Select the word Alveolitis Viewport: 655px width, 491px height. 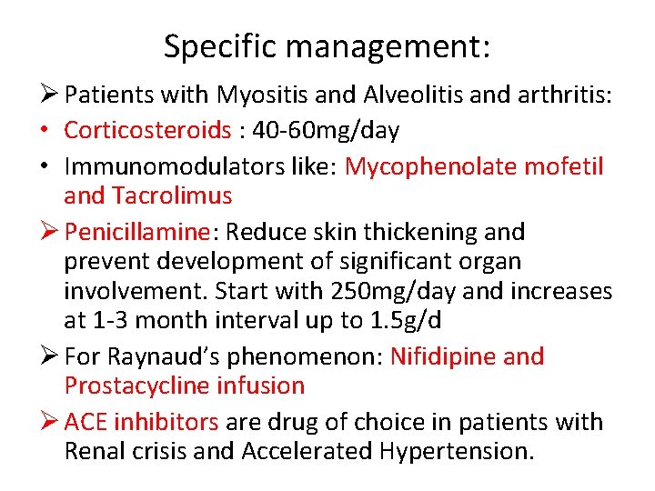pos(396,94)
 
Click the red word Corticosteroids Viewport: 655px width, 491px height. pos(147,130)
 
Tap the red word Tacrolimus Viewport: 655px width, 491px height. pos(173,195)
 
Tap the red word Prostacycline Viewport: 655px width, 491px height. pos(138,386)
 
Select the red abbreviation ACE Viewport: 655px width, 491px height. pos(85,422)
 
